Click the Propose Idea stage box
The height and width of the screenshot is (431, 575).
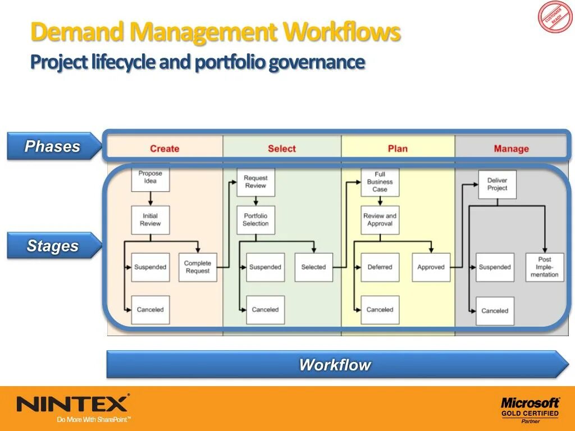(x=150, y=177)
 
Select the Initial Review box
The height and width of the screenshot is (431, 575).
(x=150, y=220)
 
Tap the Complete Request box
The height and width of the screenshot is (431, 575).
(x=198, y=267)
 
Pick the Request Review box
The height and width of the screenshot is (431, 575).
(x=255, y=182)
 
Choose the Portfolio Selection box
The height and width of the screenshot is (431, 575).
(x=255, y=220)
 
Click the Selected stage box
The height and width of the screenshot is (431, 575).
(x=313, y=267)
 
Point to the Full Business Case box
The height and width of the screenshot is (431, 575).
(x=380, y=182)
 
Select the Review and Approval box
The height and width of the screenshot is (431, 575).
(x=380, y=220)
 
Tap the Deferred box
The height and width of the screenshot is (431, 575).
(x=380, y=267)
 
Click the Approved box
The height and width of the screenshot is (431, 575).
(x=431, y=267)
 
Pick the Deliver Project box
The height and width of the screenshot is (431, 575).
(x=497, y=185)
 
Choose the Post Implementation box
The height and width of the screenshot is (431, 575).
(x=545, y=267)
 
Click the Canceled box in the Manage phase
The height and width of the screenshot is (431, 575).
(x=495, y=311)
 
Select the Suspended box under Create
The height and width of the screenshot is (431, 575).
(x=150, y=267)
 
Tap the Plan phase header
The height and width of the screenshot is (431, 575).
(x=398, y=149)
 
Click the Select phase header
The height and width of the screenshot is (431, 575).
(x=281, y=149)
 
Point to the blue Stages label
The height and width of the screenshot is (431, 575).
(x=53, y=246)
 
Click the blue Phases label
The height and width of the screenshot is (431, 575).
(x=52, y=146)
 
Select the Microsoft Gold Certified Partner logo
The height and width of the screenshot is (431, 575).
(x=530, y=409)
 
